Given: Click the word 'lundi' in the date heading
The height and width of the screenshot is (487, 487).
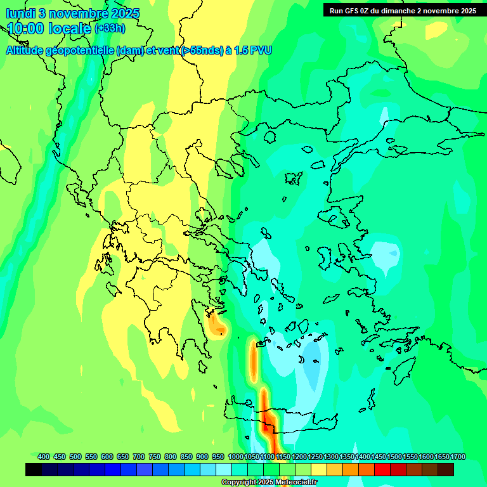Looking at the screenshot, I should [20, 13].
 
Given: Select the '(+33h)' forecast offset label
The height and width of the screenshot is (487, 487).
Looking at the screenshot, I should [110, 29].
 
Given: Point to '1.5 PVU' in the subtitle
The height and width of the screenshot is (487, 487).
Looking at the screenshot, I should [252, 50].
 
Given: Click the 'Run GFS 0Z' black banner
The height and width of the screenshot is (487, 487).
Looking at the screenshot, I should [403, 10].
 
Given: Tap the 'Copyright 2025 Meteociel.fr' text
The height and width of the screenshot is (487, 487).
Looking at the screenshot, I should [269, 482].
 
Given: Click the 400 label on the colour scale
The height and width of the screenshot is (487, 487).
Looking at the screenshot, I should [44, 457].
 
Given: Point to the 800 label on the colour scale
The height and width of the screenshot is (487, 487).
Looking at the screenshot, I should [171, 457].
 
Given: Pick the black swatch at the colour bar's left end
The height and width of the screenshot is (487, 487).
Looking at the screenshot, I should [34, 469].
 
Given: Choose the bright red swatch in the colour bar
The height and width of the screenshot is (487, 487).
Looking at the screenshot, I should [382, 469].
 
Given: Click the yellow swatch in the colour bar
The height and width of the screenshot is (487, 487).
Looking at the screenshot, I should [319, 469].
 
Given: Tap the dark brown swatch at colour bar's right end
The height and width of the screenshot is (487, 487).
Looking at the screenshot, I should [446, 469].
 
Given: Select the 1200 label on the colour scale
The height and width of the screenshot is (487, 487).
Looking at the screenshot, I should [299, 457].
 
